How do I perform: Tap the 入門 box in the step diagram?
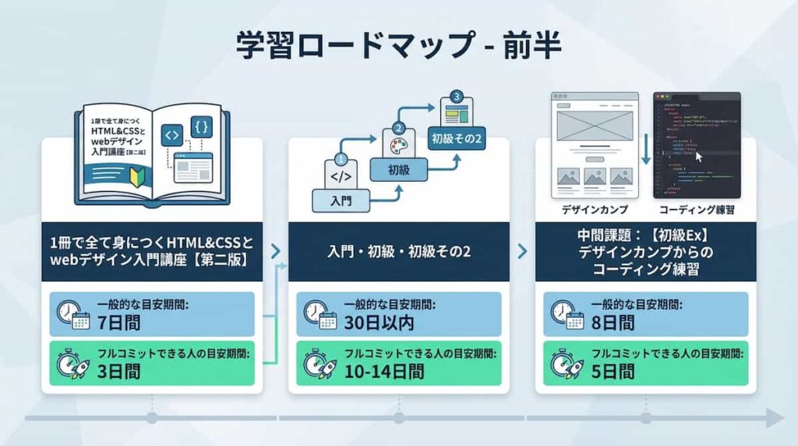[x=341, y=200]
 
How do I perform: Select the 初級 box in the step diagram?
[x=399, y=169]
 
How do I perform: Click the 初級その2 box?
[x=457, y=140]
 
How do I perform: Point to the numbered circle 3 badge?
[x=457, y=97]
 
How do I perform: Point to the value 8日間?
[x=612, y=322]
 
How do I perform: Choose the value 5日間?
[x=612, y=371]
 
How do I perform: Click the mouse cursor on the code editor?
[x=699, y=156]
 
